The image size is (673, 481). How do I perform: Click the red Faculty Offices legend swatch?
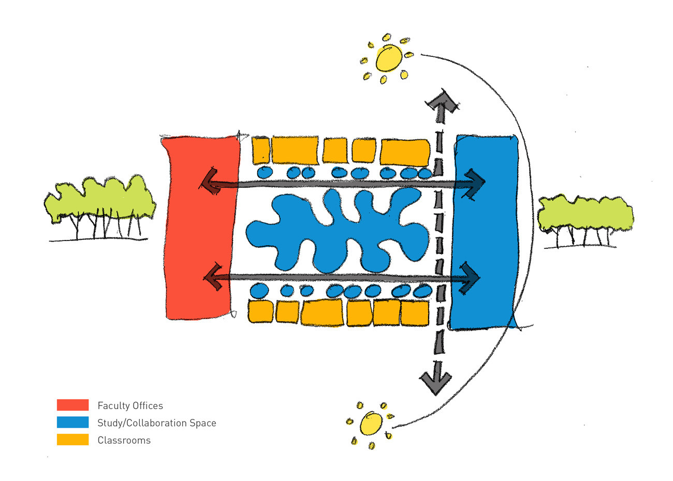[72, 405]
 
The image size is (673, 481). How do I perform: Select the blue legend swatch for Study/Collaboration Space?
[72, 422]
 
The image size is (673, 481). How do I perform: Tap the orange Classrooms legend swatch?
[72, 439]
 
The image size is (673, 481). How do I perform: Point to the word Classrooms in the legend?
[124, 440]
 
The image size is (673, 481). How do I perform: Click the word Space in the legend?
[203, 423]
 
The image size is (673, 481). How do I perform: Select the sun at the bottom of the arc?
[371, 424]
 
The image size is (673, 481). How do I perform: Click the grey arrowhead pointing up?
[442, 103]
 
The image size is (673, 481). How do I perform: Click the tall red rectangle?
[200, 227]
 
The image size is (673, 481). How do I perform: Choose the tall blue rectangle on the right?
[485, 233]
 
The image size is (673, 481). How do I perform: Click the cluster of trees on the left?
[100, 207]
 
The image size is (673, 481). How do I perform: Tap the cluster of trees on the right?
[585, 221]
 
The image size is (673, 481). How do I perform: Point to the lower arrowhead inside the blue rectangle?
[469, 278]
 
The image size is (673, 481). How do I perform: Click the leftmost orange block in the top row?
[260, 151]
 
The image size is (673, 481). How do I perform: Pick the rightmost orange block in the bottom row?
[415, 313]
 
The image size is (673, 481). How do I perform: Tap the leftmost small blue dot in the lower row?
[259, 290]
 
